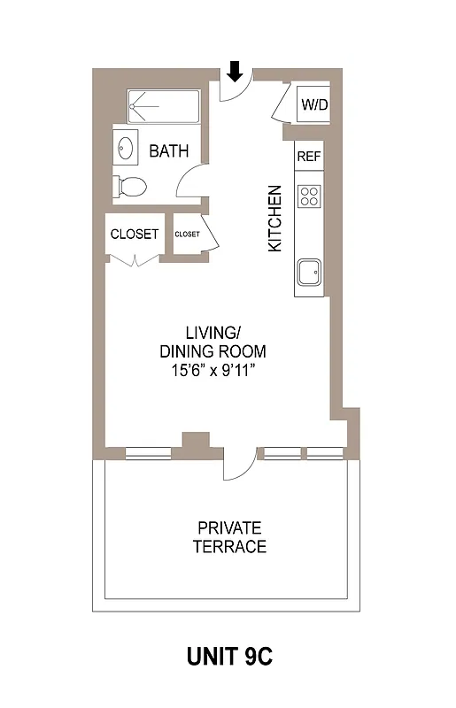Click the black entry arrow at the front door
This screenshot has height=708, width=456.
235,70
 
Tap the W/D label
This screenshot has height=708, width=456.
313,104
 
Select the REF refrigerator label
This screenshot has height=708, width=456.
308,156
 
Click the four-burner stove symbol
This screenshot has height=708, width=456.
309,195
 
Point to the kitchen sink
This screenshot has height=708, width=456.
310,273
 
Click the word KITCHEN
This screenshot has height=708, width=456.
275,218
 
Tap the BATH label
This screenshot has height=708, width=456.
168,151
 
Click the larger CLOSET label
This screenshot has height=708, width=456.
135,235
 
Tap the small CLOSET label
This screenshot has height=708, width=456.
187,235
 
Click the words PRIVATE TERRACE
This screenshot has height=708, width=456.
229,537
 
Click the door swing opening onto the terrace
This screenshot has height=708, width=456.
236,466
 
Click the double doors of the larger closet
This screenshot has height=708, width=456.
135,260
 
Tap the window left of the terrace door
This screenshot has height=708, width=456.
148,454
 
